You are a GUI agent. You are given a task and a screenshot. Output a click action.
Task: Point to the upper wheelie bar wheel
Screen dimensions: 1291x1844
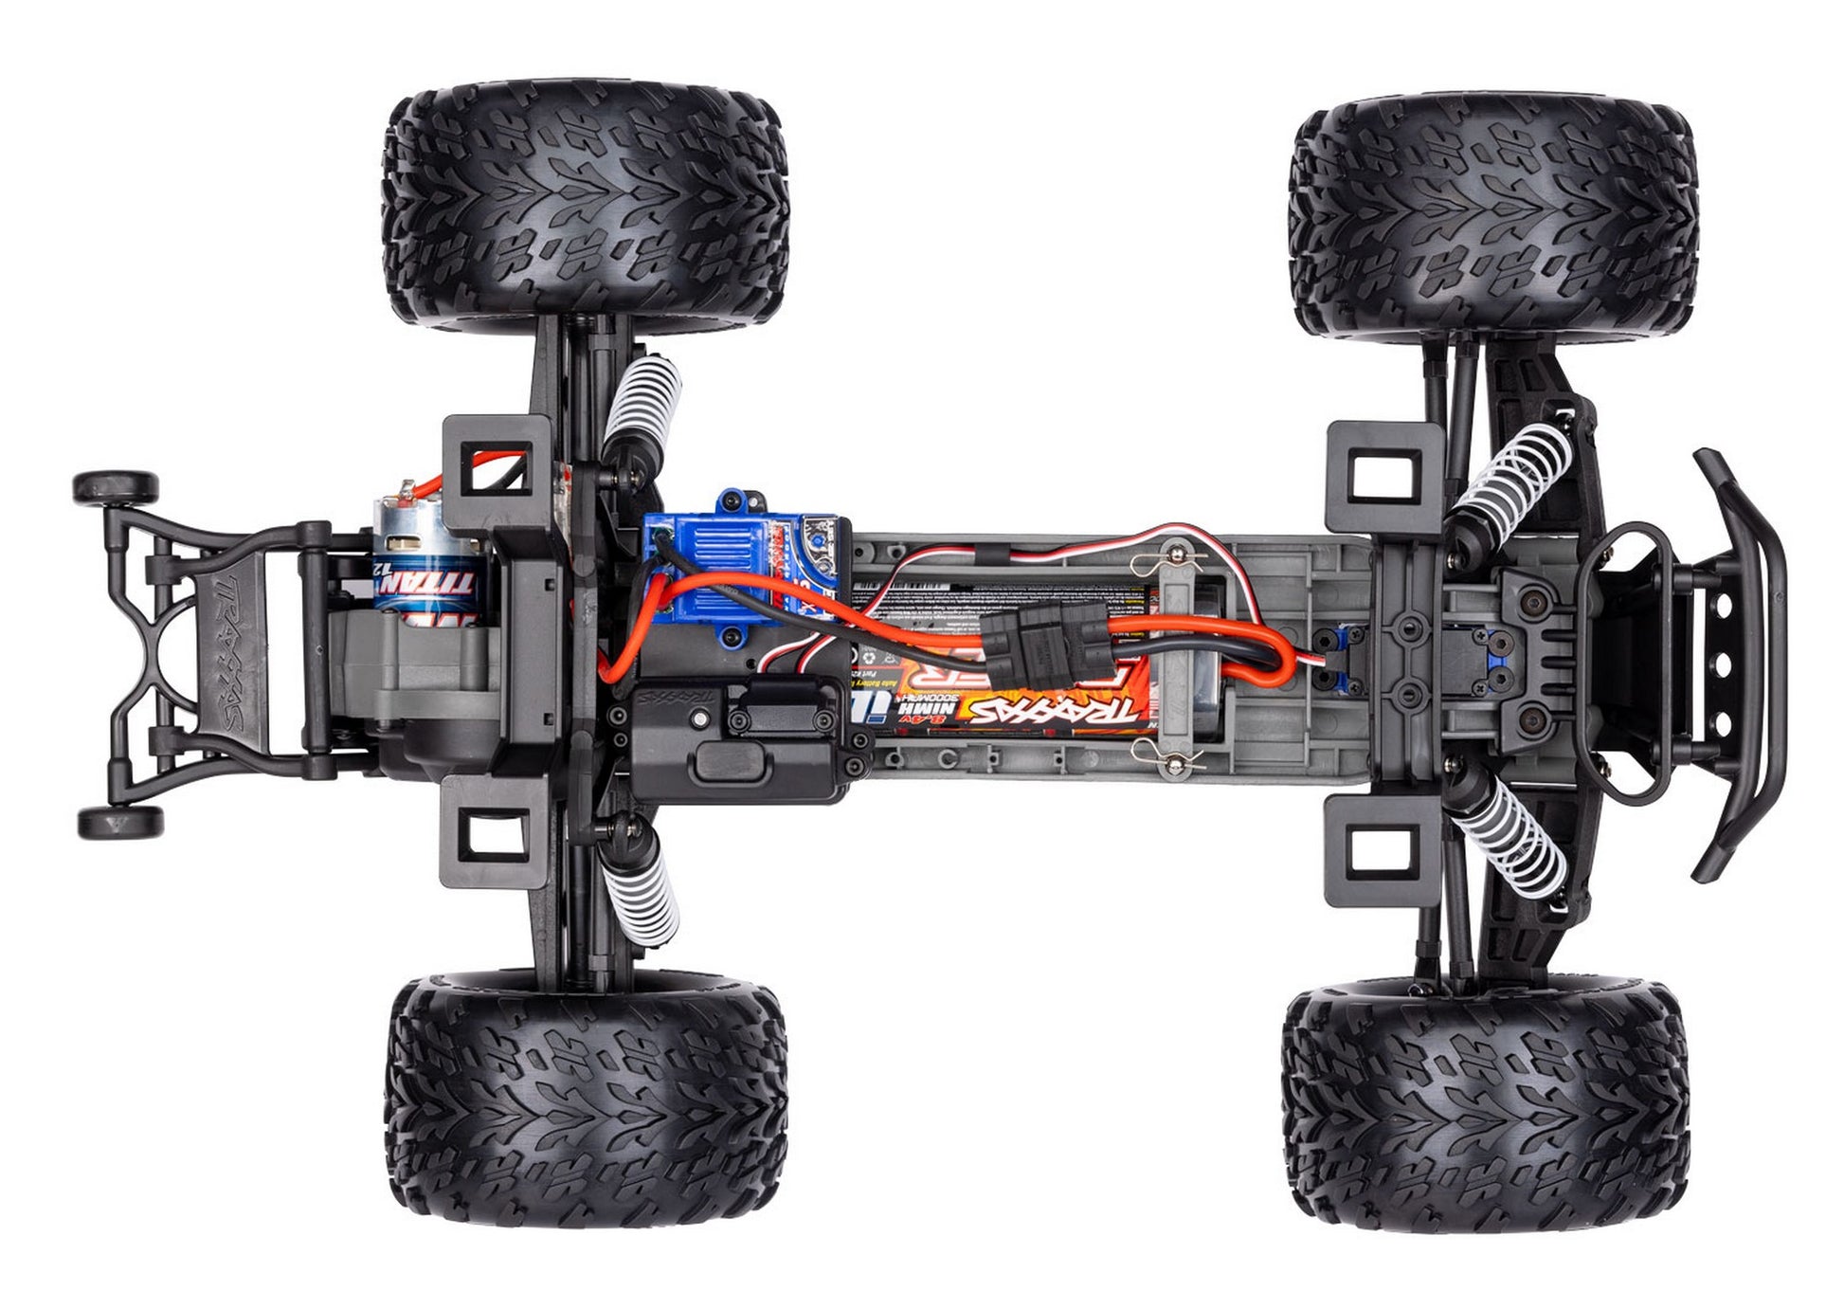pyautogui.click(x=116, y=489)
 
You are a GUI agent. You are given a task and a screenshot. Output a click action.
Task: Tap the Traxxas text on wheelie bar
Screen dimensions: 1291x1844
pyautogui.click(x=227, y=654)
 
